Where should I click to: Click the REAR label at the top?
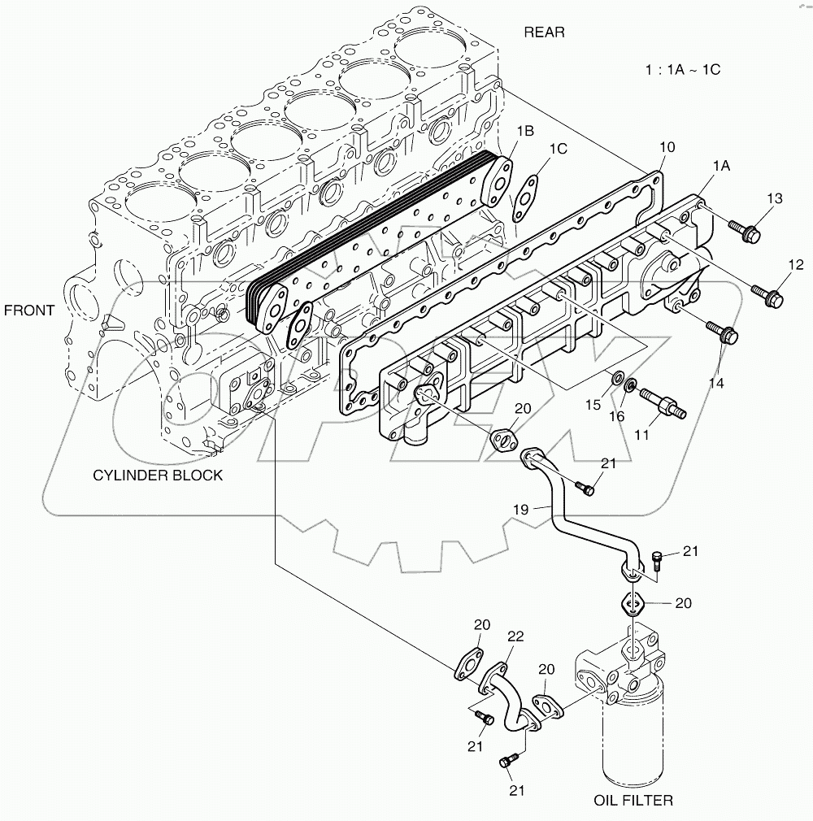tap(544, 33)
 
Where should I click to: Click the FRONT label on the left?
tap(29, 310)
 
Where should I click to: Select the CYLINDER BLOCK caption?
tap(158, 476)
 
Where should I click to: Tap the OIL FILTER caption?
tap(633, 801)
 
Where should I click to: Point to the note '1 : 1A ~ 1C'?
tap(683, 69)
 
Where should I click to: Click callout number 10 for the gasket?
tap(667, 147)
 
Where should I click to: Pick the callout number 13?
tap(774, 199)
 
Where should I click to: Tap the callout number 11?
tap(641, 435)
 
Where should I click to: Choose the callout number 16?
tap(618, 415)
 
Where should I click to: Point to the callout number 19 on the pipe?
tap(520, 509)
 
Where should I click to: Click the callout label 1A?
tap(720, 165)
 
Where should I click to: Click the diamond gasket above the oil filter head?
tap(634, 603)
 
